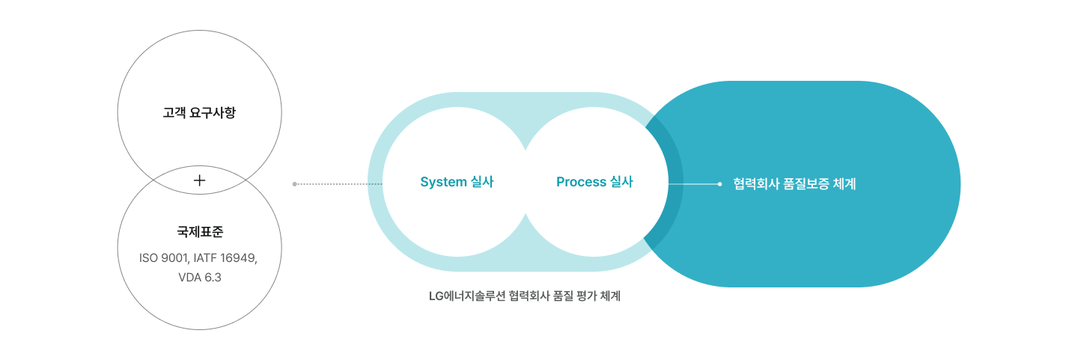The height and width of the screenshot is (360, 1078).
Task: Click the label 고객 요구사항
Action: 199,115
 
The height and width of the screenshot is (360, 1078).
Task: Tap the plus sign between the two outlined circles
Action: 199,180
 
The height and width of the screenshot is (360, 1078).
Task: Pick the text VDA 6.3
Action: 199,277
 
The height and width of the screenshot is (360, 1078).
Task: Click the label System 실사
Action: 457,182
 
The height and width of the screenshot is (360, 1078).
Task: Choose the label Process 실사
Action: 594,182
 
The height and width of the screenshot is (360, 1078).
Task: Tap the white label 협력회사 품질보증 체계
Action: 794,183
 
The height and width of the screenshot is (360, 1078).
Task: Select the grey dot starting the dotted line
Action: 294,183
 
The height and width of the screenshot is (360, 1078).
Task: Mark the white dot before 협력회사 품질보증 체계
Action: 719,183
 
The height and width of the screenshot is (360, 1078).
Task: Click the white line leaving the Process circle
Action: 692,183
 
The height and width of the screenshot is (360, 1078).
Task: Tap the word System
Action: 444,182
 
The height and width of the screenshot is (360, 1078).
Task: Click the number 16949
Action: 237,258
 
